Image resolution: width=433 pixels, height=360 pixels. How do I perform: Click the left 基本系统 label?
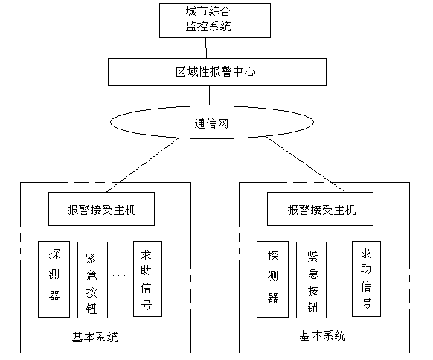click(94, 338)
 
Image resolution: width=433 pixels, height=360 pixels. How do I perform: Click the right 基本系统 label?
click(322, 336)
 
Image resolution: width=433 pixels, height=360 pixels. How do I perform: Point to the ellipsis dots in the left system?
click(119, 275)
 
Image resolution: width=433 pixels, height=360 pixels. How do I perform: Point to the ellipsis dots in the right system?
click(341, 277)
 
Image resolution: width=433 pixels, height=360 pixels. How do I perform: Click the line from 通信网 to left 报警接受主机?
click(143, 165)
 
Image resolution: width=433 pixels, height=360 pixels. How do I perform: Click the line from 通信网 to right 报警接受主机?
click(306, 164)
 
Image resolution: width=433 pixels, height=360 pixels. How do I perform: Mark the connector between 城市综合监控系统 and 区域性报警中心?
click(206, 48)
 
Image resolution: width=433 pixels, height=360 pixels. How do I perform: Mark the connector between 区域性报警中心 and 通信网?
click(209, 95)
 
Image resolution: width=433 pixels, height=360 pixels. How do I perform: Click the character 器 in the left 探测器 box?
click(54, 295)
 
